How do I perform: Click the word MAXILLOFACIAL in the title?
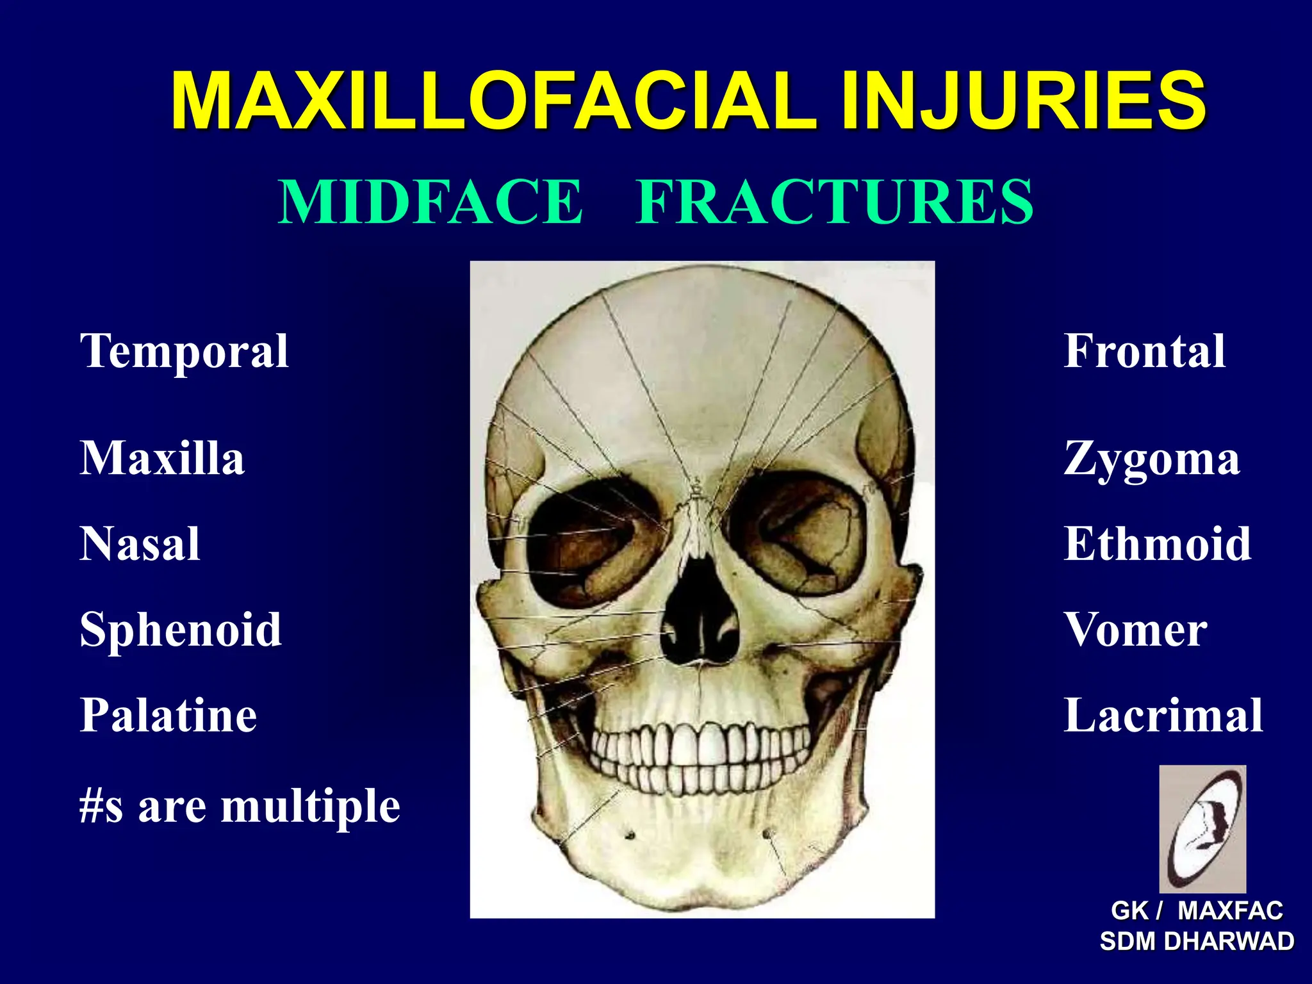493,101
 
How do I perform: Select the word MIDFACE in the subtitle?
430,202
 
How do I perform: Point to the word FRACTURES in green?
835,202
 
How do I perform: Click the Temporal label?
184,352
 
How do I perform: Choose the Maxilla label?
162,459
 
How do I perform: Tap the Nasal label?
140,544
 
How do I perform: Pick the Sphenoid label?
181,630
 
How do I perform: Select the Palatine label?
168,715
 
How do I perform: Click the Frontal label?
1145,351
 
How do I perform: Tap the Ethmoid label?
1158,544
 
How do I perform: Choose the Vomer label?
1136,630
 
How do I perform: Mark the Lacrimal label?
1163,715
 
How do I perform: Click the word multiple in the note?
311,807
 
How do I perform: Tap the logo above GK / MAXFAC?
1202,828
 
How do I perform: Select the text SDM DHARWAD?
1197,942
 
